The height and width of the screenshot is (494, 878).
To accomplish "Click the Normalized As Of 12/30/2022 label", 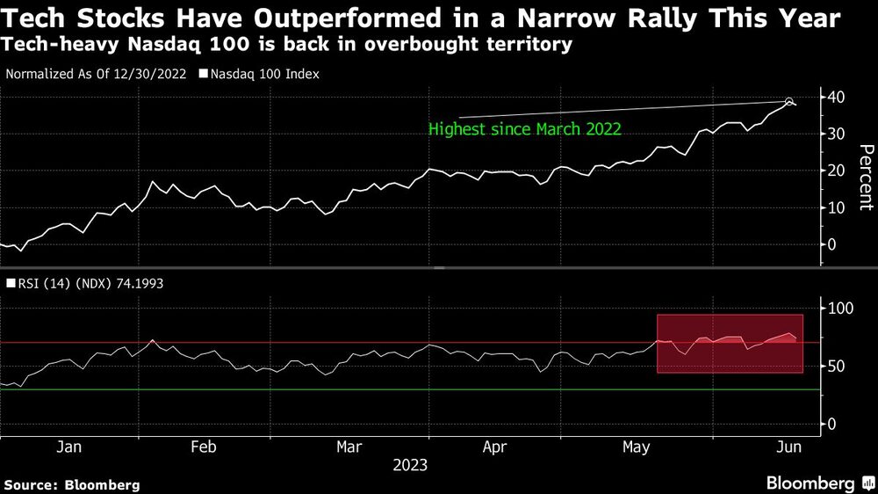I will (96, 74).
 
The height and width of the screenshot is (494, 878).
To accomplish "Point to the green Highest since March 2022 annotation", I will (524, 128).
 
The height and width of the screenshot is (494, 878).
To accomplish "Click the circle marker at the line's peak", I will (789, 101).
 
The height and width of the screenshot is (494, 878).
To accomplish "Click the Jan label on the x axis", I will (68, 447).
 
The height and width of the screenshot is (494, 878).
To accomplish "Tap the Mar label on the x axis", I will (349, 447).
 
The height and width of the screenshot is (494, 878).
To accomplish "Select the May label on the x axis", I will (636, 447).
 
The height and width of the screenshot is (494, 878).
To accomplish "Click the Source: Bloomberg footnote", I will (72, 484).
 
